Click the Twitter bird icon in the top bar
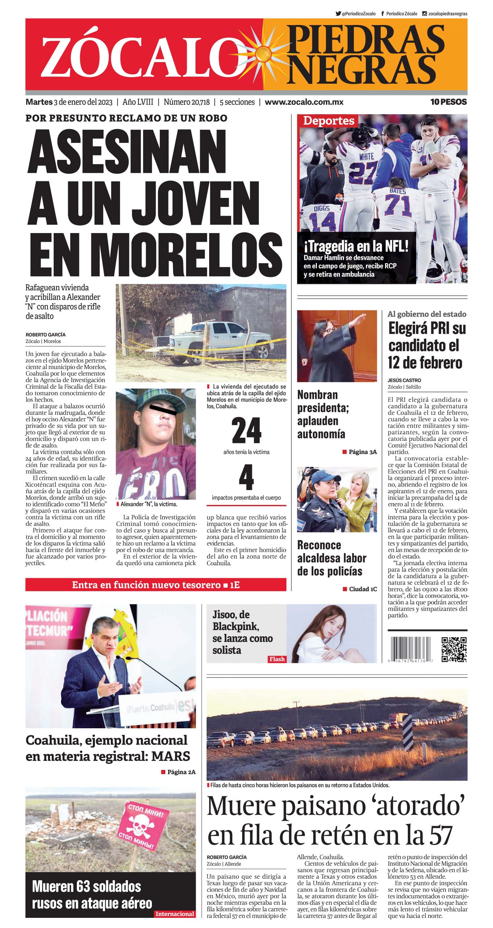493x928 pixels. pos(338,14)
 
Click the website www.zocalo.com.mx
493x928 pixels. pos(304,102)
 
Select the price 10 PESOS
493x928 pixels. pos(448,102)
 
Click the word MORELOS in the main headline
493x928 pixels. pos(156,255)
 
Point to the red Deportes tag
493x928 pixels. pos(328,121)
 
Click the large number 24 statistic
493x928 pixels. pos(246,431)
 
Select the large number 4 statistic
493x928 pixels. pos(246,477)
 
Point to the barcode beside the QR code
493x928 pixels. pos(410,650)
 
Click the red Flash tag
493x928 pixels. pos(277,659)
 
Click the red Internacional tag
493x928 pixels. pos(175,914)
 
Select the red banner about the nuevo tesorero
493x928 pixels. pos(156,585)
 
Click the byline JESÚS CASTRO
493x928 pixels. pos(404,380)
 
